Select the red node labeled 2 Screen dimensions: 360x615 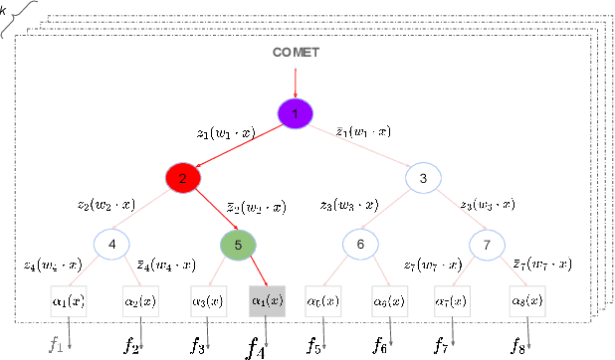tap(182, 178)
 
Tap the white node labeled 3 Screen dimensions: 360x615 tap(423, 178)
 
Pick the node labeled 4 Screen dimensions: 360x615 tap(112, 244)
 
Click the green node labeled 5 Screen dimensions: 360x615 tap(238, 244)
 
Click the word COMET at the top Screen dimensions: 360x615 tap(295, 52)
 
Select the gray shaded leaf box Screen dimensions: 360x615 tap(266, 299)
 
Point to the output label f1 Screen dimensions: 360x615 tap(56, 344)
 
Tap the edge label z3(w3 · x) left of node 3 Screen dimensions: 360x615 tap(348, 204)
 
